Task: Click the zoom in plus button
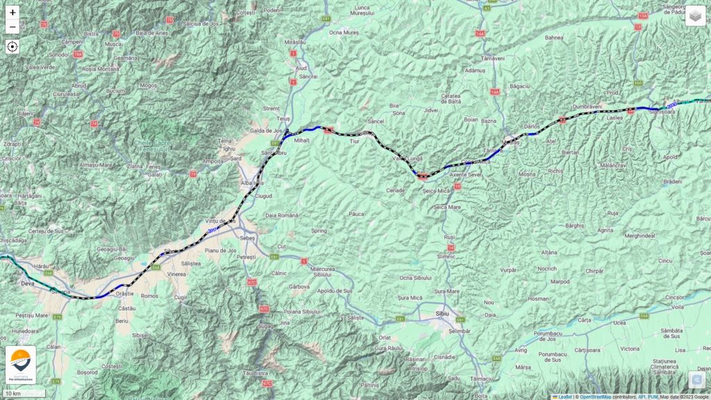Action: [x=12, y=12]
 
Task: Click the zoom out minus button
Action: [x=12, y=27]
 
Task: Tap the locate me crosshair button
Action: [x=12, y=47]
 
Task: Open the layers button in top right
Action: [x=695, y=15]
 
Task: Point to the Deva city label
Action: [x=28, y=284]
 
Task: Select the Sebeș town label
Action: [x=247, y=237]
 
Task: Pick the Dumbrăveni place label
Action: [x=587, y=106]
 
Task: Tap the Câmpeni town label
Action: [x=73, y=42]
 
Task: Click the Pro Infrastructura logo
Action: [x=20, y=365]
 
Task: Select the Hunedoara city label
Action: [x=25, y=332]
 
